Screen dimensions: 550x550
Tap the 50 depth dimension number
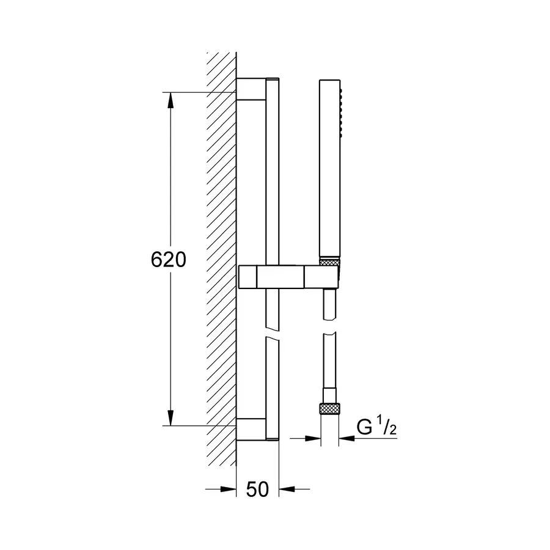point(257,489)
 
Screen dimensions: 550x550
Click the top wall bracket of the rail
point(251,89)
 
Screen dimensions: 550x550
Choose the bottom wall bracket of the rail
point(251,429)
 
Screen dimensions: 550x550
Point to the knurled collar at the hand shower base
point(331,262)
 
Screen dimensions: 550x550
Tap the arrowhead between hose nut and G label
point(346,438)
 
